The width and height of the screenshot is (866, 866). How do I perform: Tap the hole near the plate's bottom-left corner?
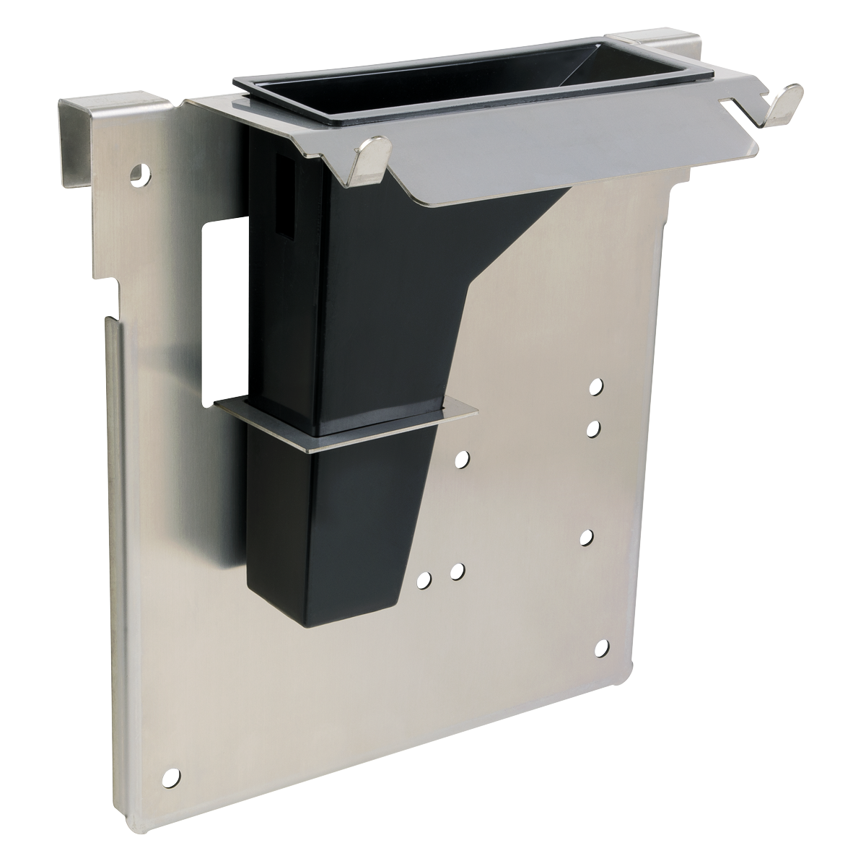tap(171, 777)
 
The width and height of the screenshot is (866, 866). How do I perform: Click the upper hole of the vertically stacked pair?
tap(595, 388)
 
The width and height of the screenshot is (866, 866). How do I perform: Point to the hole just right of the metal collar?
tap(462, 458)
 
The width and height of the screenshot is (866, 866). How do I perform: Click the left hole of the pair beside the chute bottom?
tap(425, 579)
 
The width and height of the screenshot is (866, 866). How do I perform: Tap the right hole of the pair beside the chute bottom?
tap(456, 572)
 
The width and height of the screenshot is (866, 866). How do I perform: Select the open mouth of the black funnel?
tap(462, 94)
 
